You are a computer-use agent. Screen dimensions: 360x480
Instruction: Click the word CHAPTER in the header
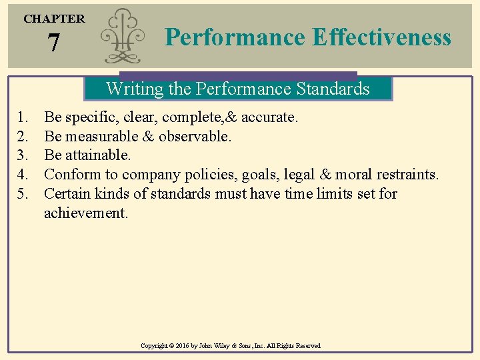[54, 19]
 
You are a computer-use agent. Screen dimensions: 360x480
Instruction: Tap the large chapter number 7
[54, 44]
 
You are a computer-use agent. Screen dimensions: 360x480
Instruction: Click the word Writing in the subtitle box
[130, 89]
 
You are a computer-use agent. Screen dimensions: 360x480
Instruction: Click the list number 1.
[23, 118]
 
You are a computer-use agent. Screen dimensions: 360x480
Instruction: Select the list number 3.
[23, 156]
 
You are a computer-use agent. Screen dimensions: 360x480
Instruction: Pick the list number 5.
[23, 194]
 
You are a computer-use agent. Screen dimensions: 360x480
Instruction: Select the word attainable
[98, 156]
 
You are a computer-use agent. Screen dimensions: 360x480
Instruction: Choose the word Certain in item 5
[67, 194]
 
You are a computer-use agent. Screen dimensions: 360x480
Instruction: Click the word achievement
[85, 213]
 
